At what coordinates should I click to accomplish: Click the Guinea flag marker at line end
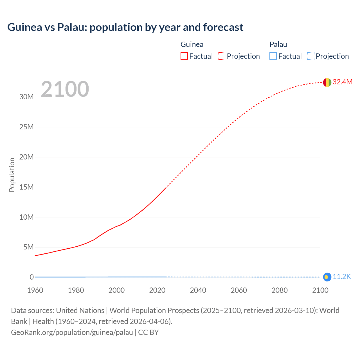[x=327, y=82]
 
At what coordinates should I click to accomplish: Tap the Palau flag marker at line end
[x=327, y=277]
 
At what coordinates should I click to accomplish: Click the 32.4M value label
[x=342, y=82]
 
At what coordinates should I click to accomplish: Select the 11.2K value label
[x=342, y=277]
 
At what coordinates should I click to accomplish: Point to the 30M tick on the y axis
[x=26, y=97]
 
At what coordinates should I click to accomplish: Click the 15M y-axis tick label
[x=26, y=187]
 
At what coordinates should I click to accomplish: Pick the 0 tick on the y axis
[x=31, y=277]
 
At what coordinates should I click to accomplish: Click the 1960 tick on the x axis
[x=35, y=290]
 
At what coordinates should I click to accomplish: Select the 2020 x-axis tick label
[x=157, y=290]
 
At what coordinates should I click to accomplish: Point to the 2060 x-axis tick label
[x=239, y=290]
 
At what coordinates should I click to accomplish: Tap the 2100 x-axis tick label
[x=320, y=290]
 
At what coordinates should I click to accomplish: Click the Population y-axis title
[x=12, y=175]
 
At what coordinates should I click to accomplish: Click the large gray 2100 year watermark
[x=65, y=89]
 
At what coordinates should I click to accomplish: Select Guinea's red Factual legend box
[x=184, y=56]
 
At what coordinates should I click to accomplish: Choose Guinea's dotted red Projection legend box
[x=222, y=56]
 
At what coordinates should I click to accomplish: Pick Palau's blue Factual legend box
[x=273, y=56]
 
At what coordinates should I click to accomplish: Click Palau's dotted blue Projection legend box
[x=310, y=56]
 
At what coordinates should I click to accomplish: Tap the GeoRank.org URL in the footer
[x=72, y=332]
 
